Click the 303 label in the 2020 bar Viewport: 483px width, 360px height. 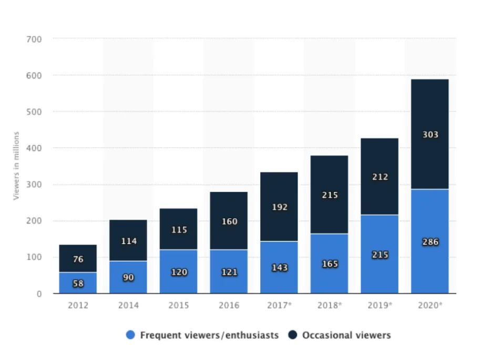tap(430, 135)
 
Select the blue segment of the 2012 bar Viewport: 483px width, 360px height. tap(78, 283)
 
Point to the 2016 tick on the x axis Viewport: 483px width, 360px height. tap(229, 305)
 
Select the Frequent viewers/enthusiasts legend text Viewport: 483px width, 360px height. tap(209, 335)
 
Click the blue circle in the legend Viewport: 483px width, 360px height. tap(131, 335)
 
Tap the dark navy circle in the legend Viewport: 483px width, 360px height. tap(293, 335)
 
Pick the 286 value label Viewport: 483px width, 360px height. tap(430, 242)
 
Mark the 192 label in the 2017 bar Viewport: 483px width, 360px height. tap(279, 207)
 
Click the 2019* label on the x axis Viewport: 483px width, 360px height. tap(379, 305)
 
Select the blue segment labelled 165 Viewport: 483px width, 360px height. tap(329, 264)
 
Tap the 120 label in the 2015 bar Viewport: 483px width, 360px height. tap(179, 272)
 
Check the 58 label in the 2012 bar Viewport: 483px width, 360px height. tap(78, 284)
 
